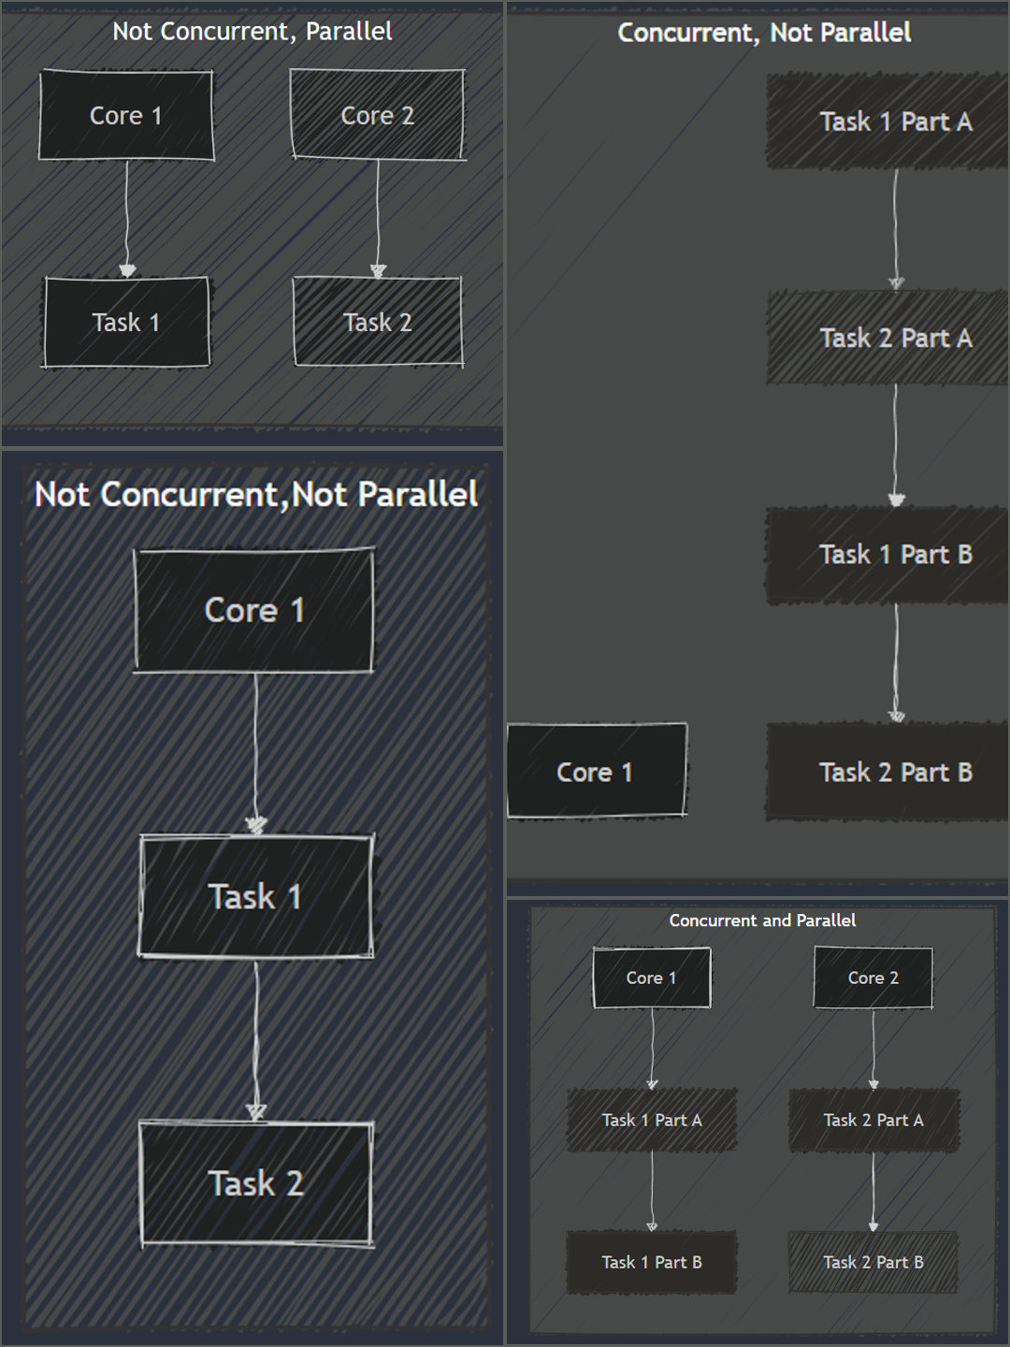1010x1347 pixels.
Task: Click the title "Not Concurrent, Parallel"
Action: pyautogui.click(x=252, y=32)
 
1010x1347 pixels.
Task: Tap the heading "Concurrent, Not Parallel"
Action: pyautogui.click(x=764, y=33)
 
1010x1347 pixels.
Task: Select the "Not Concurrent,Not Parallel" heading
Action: pyautogui.click(x=256, y=495)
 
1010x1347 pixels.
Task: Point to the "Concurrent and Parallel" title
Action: pyautogui.click(x=762, y=920)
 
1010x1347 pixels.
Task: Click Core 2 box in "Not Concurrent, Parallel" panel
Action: pyautogui.click(x=377, y=115)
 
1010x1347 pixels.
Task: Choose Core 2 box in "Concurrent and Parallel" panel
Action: pyautogui.click(x=873, y=978)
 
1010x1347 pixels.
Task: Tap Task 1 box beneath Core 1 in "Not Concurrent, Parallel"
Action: pyautogui.click(x=126, y=322)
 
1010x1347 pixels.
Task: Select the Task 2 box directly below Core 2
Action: pyautogui.click(x=377, y=322)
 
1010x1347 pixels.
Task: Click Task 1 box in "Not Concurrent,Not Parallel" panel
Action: pyautogui.click(x=255, y=896)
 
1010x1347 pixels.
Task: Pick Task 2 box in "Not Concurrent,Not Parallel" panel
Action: pyautogui.click(x=256, y=1183)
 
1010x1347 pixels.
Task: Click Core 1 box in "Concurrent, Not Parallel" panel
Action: pyautogui.click(x=597, y=771)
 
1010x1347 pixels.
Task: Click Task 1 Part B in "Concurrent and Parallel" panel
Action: pyautogui.click(x=652, y=1262)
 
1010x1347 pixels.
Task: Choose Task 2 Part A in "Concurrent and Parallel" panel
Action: pyautogui.click(x=873, y=1120)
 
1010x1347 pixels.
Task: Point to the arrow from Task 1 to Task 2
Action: pyautogui.click(x=256, y=1039)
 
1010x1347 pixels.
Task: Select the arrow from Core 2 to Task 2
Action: pyautogui.click(x=378, y=219)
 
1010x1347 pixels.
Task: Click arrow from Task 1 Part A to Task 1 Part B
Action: pyautogui.click(x=652, y=1191)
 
